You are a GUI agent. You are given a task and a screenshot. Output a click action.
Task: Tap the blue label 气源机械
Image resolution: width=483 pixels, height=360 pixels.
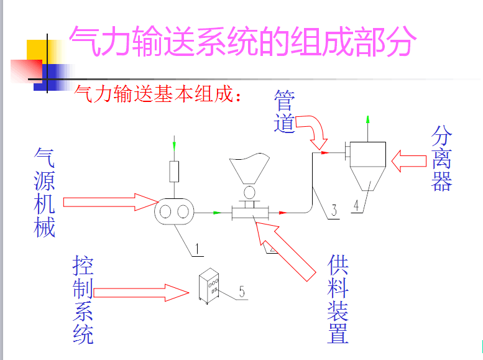tap(45, 193)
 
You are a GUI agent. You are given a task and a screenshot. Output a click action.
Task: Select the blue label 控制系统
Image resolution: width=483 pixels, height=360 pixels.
tap(83, 300)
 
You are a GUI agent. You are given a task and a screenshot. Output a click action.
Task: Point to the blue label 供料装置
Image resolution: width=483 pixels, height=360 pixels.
tap(338, 298)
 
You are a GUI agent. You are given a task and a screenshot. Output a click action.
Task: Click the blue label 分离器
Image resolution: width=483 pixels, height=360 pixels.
tap(441, 158)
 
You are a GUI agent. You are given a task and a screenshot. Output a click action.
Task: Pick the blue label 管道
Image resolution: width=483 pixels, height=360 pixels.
tap(284, 112)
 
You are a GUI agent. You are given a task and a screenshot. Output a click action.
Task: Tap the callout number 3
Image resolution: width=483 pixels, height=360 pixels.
tap(334, 211)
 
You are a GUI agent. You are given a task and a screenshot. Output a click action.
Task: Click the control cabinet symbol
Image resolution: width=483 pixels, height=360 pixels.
tap(210, 287)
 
